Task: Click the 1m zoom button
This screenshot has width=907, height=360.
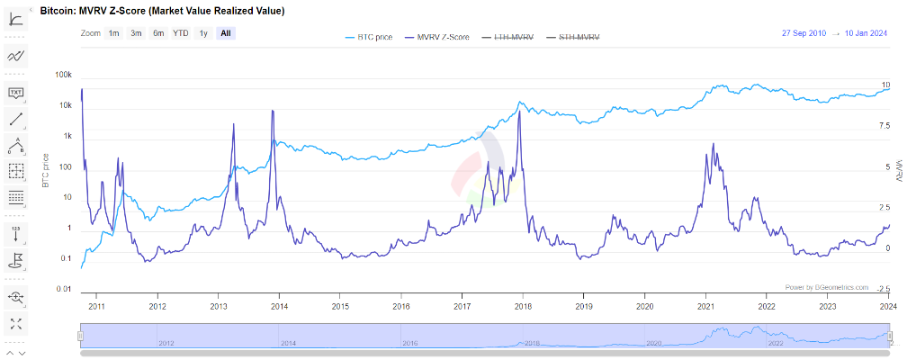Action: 114,33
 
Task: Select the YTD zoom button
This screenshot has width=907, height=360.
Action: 181,33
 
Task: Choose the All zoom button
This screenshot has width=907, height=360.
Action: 226,33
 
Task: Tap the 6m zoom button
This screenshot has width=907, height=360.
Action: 158,33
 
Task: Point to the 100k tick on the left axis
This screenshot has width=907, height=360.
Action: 64,76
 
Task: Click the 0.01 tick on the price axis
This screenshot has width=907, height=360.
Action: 64,289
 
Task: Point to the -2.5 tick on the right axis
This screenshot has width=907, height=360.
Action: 885,289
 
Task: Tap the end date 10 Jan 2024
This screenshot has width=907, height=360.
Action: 867,33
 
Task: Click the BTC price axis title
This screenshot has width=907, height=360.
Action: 45,171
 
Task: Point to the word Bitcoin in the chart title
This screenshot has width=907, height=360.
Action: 58,10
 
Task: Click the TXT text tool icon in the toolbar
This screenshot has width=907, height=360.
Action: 16,92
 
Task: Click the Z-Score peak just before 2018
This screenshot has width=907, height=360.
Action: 519,111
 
